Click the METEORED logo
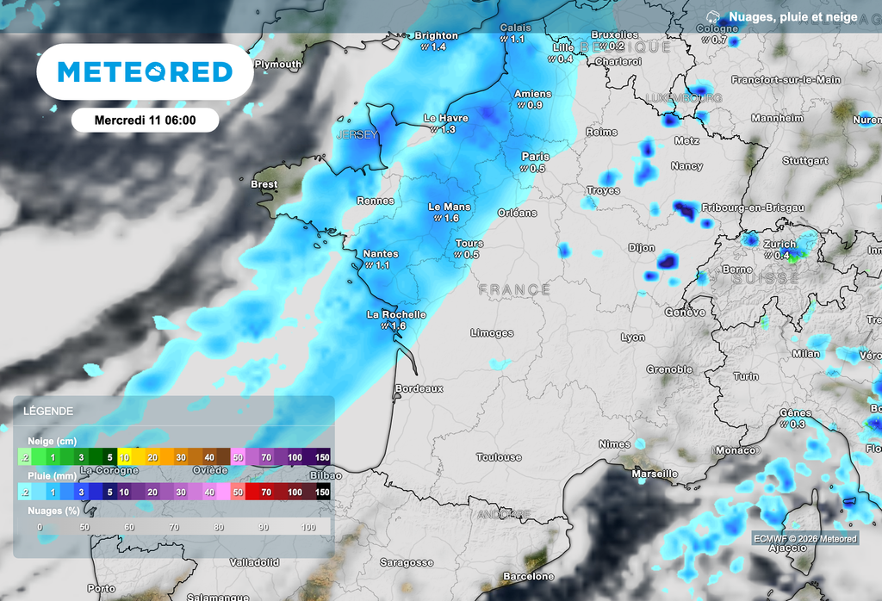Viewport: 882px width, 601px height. point(145,71)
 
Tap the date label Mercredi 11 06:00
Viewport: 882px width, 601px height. point(145,121)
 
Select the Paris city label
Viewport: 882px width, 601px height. point(535,157)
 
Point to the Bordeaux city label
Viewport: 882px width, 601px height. point(419,389)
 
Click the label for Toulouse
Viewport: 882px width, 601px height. point(499,457)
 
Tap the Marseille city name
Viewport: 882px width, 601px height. point(654,474)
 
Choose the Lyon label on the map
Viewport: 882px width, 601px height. point(633,338)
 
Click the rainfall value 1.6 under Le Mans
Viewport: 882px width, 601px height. point(451,219)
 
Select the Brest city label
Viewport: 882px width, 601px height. point(264,184)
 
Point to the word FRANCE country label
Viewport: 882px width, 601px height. point(514,290)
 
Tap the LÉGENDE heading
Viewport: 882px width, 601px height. point(50,412)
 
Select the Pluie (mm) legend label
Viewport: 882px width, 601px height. point(52,475)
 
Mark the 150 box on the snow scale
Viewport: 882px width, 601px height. point(322,456)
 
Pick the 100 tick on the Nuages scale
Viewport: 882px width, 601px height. point(308,526)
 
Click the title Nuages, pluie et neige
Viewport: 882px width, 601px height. point(792,16)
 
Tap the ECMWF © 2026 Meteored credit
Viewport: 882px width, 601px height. point(804,539)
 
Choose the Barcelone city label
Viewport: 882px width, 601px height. point(528,576)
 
